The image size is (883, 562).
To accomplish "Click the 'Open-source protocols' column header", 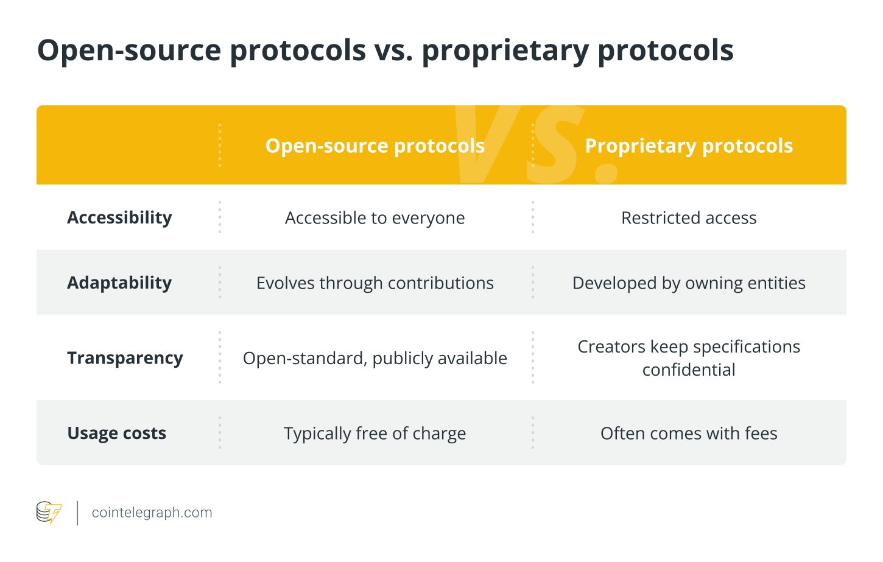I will (x=375, y=146).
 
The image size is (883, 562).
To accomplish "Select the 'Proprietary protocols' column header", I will (x=689, y=146).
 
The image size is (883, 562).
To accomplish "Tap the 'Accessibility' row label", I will (x=119, y=217).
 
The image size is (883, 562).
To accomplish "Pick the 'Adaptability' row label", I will (x=119, y=283).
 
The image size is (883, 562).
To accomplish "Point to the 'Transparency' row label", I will (x=125, y=358).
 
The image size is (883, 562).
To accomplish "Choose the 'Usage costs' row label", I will (x=116, y=433).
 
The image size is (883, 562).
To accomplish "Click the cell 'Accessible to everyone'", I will (x=375, y=218).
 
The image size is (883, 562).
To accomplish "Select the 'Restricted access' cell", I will (x=689, y=218).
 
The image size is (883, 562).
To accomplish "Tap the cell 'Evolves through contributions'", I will (x=375, y=283).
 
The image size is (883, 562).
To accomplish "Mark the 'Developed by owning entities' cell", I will (x=689, y=283).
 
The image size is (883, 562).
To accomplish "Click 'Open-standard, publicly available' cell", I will (x=375, y=358).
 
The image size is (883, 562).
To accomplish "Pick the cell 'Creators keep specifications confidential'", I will (x=689, y=358).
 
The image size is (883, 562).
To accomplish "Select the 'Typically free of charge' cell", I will (x=375, y=434).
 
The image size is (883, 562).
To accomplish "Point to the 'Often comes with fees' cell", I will (x=689, y=434).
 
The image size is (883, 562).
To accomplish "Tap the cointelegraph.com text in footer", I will (x=152, y=513).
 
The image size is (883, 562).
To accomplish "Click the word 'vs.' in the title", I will (x=393, y=50).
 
